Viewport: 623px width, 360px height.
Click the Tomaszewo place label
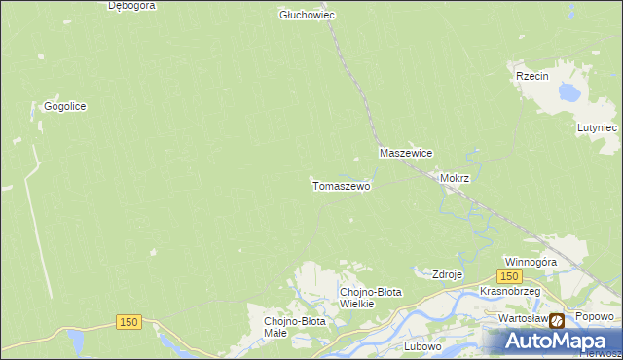coord(341,185)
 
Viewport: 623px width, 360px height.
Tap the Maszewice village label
coord(406,154)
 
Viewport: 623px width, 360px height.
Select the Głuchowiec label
coord(307,15)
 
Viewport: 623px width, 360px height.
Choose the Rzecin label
coord(533,75)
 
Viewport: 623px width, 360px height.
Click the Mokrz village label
coord(455,179)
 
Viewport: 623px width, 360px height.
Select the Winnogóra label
coord(531,262)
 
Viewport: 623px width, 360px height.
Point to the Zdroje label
coord(447,274)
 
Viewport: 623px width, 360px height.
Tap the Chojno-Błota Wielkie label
coord(369,297)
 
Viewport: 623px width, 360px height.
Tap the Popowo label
coord(595,317)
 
